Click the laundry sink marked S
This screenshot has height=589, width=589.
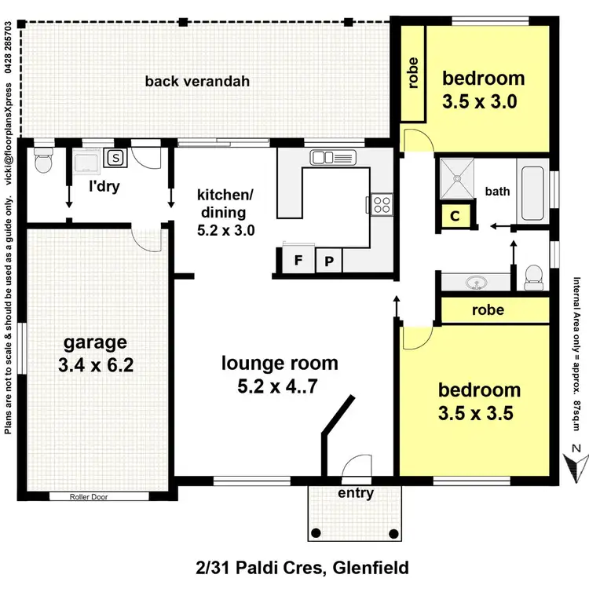pyautogui.click(x=116, y=158)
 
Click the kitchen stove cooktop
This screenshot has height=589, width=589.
pyautogui.click(x=382, y=204)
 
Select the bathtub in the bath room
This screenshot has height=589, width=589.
pyautogui.click(x=534, y=192)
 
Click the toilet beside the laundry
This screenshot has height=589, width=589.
pyautogui.click(x=44, y=162)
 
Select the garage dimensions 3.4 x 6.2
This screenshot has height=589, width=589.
pyautogui.click(x=96, y=365)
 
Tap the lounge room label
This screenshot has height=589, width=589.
pyautogui.click(x=280, y=364)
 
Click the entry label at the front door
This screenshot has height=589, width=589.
pyautogui.click(x=355, y=493)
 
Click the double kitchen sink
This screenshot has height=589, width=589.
pyautogui.click(x=323, y=157)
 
